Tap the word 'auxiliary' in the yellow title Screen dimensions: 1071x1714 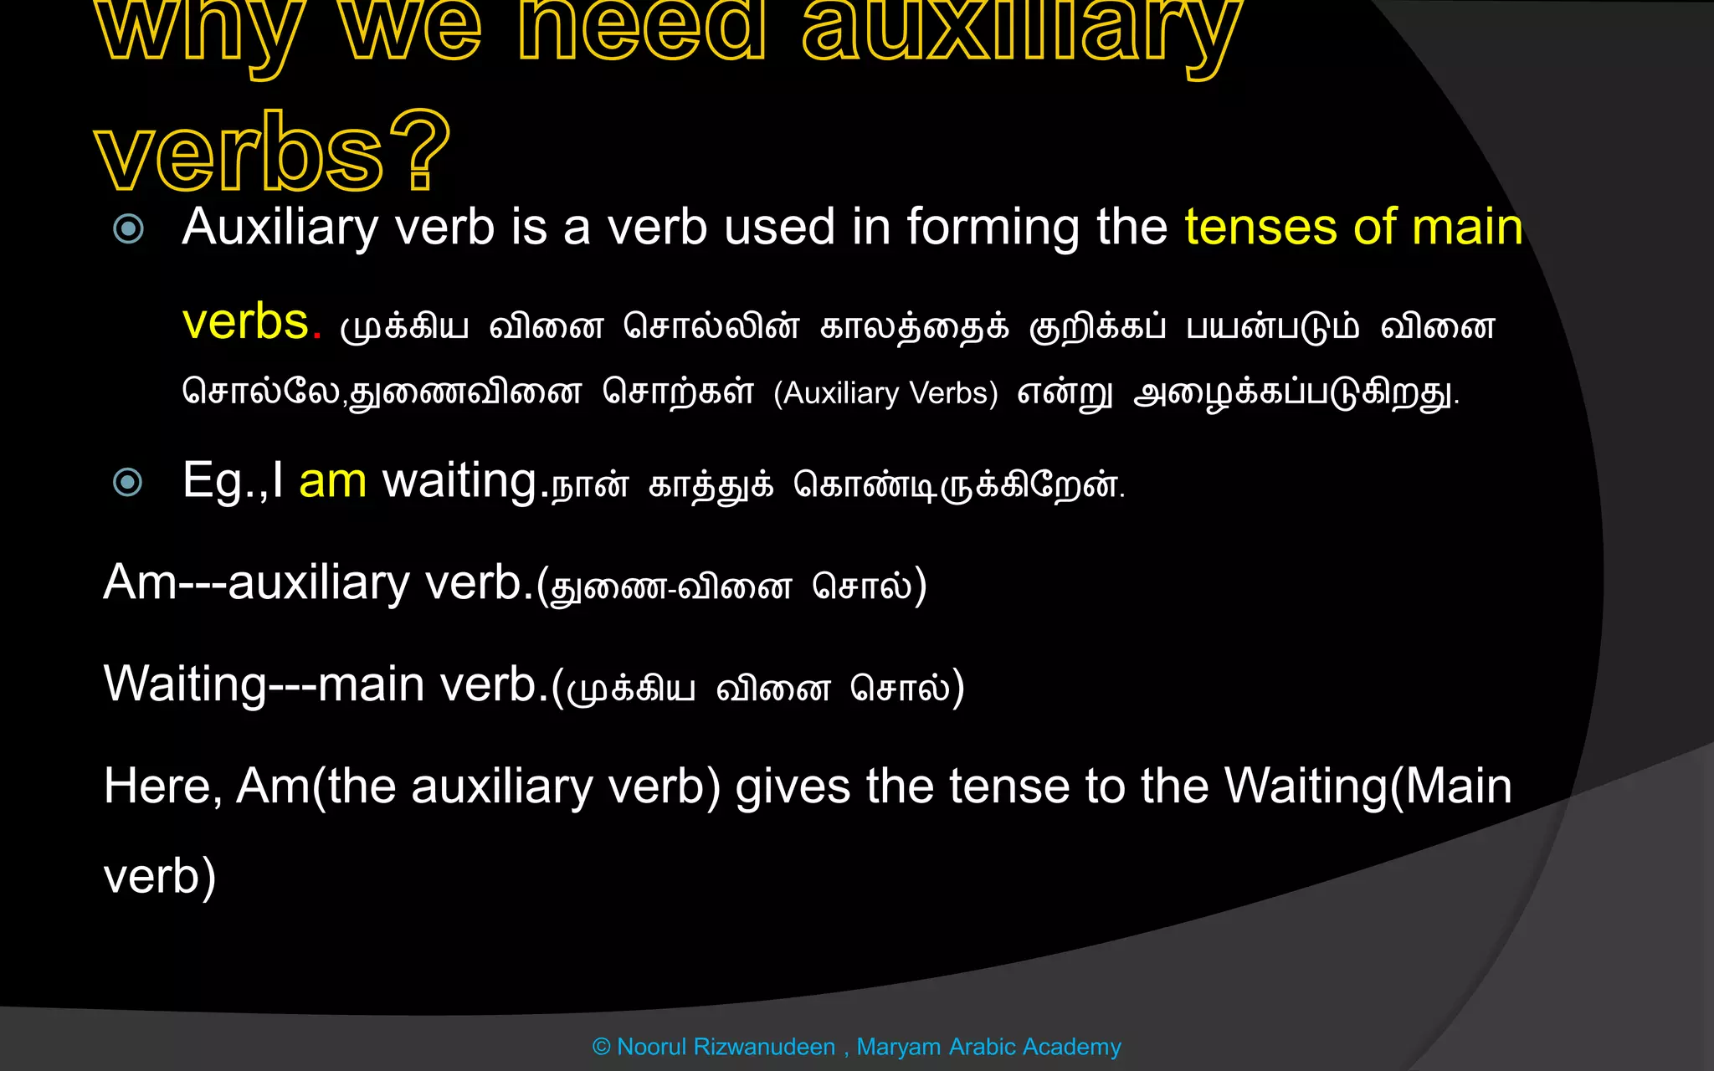click(x=1021, y=33)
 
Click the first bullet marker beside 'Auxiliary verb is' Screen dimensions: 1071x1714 click(x=128, y=228)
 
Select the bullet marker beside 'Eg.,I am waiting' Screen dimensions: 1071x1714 click(x=128, y=482)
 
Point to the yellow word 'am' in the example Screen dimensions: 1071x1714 click(x=332, y=482)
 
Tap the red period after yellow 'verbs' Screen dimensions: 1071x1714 click(x=317, y=334)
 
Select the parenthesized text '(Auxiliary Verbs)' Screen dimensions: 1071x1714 click(x=885, y=393)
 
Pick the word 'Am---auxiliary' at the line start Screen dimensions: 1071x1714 click(x=256, y=582)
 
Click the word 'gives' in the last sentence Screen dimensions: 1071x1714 click(x=793, y=787)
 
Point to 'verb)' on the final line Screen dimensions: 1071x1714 click(x=160, y=877)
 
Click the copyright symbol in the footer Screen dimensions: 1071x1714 click(x=601, y=1047)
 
